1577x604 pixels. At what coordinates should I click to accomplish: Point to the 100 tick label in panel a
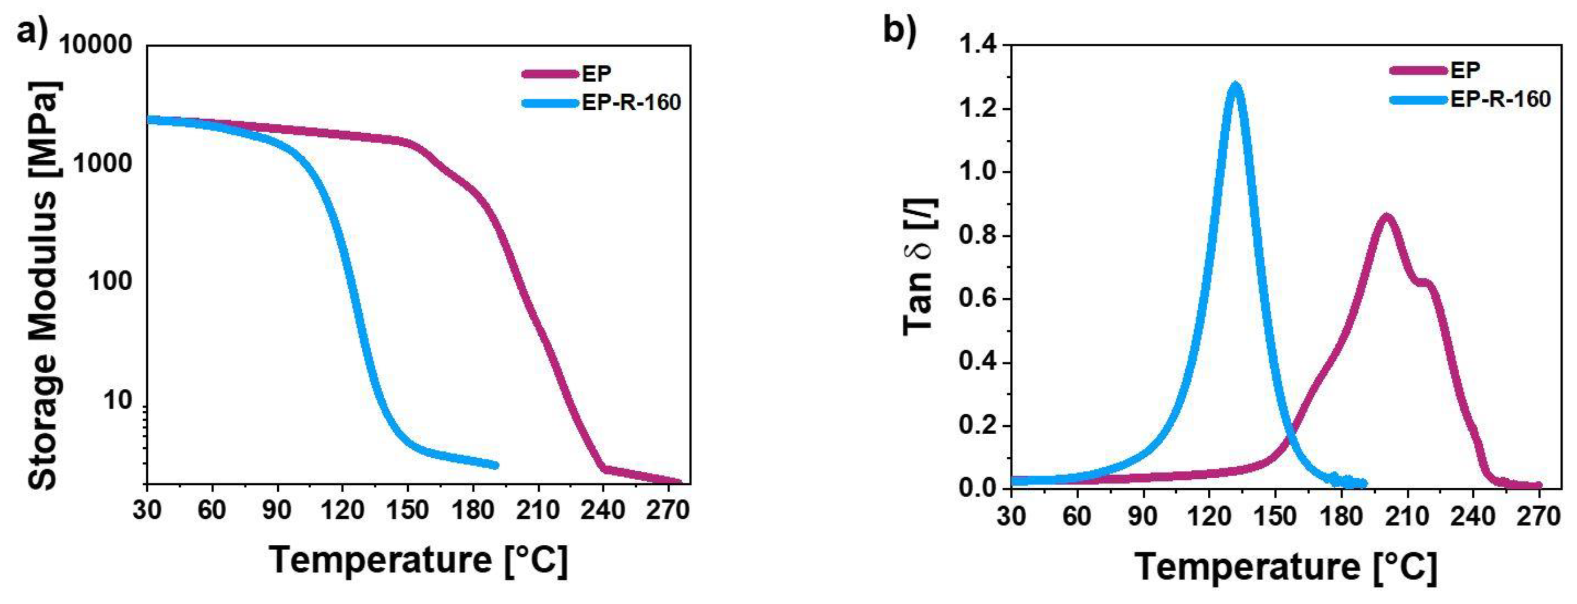110,281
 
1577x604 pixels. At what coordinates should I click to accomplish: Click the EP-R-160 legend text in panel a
631,102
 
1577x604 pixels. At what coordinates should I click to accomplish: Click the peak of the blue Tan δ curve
1235,87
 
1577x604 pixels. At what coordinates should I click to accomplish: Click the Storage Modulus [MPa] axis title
44,285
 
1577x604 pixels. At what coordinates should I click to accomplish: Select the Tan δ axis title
920,266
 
